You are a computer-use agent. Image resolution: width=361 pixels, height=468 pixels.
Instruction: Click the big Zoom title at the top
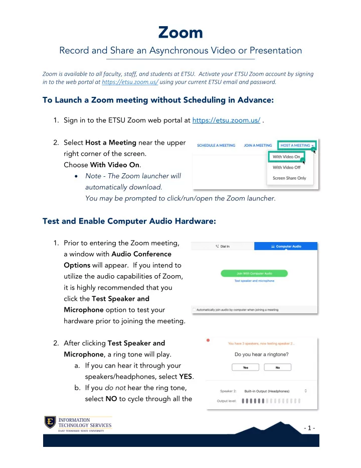tap(180, 33)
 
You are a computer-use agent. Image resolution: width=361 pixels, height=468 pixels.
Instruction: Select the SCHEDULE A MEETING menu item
tap(216, 145)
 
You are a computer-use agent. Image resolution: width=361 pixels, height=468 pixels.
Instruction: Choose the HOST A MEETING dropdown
tap(298, 145)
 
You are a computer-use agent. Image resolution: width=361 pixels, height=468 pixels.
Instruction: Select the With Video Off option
tap(287, 167)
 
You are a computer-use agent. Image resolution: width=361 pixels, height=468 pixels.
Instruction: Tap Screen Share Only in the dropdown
tap(289, 178)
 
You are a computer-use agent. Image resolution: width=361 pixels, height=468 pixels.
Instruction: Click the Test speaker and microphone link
tap(254, 281)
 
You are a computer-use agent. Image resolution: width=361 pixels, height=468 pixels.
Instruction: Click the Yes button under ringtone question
tap(246, 368)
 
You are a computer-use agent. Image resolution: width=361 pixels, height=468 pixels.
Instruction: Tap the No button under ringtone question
tap(277, 368)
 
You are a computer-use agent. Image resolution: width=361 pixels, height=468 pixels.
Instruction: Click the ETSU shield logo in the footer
tap(49, 423)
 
